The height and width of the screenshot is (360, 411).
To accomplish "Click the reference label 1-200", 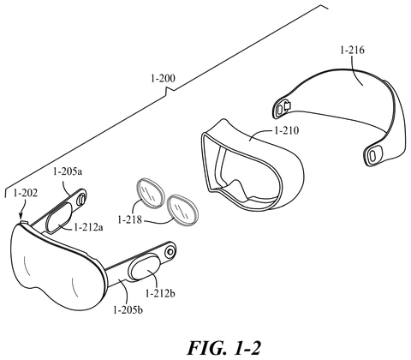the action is pos(163,78).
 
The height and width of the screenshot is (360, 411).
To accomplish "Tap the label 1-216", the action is pos(352,51).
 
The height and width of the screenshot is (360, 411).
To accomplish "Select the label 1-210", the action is pos(286,130).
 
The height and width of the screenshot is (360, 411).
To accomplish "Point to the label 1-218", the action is pos(130,219).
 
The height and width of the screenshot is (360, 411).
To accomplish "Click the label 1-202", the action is pos(26,194).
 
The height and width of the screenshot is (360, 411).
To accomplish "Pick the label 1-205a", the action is pos(68,171).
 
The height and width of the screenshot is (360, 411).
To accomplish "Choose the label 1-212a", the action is pos(89,227).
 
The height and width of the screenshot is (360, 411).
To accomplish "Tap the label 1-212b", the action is pos(160,293).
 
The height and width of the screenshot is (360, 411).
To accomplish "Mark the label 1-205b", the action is pos(128,310).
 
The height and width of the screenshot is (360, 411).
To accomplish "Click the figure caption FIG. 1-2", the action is pos(224,348).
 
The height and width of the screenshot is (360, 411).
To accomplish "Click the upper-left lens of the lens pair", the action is pos(149,193).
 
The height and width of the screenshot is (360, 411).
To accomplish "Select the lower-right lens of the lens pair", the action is pos(182,209).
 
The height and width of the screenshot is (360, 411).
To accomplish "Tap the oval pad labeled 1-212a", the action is pos(62,212).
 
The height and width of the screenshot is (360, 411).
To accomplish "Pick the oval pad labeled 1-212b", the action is pos(145,267).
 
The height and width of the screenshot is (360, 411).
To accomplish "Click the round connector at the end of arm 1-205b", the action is pos(170,252).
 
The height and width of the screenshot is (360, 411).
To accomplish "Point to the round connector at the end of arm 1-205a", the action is pos(81,199).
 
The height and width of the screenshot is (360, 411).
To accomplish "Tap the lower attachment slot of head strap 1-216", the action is pos(372,155).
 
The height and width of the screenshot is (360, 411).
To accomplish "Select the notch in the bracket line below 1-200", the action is pos(168,91).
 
